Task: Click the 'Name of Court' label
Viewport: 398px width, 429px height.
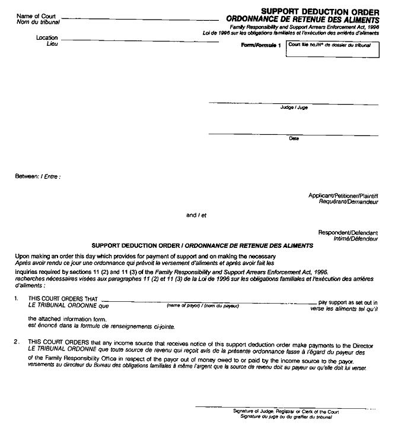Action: coord(36,16)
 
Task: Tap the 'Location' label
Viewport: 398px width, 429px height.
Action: coord(47,38)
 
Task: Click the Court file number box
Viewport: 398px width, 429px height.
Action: coord(332,49)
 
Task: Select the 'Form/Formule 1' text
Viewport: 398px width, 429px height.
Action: coord(260,46)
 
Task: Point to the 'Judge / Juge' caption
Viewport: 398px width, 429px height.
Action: coord(294,108)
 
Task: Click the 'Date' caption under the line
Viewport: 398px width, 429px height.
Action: coord(294,138)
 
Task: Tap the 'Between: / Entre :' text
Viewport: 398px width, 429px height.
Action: coord(39,176)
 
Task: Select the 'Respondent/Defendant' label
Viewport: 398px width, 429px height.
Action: coord(348,232)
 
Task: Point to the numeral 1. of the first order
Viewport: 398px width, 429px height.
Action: coord(18,301)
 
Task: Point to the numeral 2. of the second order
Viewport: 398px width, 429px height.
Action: coord(18,342)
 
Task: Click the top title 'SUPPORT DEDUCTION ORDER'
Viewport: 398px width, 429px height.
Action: coord(320,11)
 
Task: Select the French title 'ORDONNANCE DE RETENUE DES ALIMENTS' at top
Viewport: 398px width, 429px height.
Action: coord(303,19)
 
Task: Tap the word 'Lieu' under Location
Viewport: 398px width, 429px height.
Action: coord(53,44)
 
